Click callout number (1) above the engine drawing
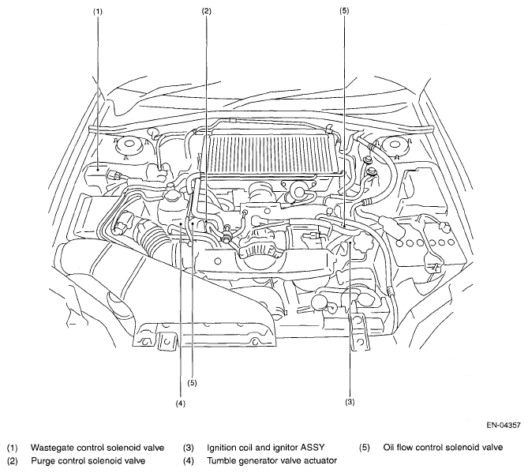[x=98, y=12]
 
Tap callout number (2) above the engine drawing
[x=207, y=12]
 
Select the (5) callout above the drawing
[x=344, y=10]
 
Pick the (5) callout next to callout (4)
[x=192, y=383]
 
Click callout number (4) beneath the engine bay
[x=181, y=403]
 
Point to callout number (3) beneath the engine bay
[x=350, y=402]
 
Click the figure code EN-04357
[x=504, y=425]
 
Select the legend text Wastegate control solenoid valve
[x=98, y=448]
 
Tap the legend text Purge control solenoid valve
[x=88, y=460]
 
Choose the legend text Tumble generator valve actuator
[x=272, y=460]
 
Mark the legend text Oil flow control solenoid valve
[x=443, y=448]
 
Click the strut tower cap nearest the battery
[x=394, y=145]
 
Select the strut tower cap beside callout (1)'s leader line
[x=129, y=145]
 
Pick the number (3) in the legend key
[x=189, y=448]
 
